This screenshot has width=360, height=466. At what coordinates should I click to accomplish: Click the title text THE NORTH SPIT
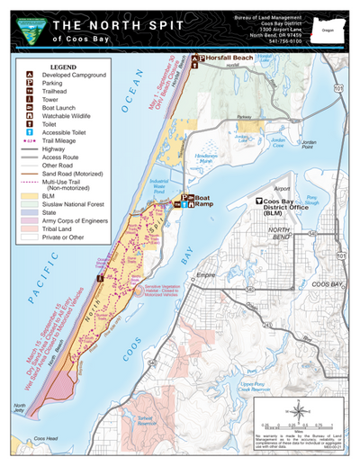118,24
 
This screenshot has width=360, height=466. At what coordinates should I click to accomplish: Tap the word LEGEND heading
64,66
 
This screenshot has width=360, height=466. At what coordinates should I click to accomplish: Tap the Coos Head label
45,438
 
